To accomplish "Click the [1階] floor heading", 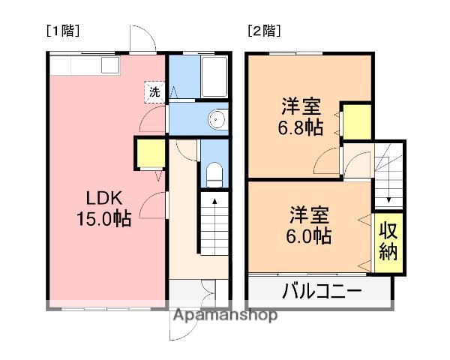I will tap(64, 31).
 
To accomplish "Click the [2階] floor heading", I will tap(264, 31).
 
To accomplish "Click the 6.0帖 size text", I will tap(310, 235).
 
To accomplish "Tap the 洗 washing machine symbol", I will tap(154, 93).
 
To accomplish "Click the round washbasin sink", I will tap(217, 119).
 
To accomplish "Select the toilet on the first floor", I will tap(213, 175).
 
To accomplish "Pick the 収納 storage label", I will tap(388, 241).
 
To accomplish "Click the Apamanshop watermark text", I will tap(225, 315).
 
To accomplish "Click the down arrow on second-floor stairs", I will tap(389, 199).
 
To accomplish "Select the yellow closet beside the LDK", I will tap(150, 154).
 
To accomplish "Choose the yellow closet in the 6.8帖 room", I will tap(357, 122).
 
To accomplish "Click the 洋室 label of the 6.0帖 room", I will tap(309, 215).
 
